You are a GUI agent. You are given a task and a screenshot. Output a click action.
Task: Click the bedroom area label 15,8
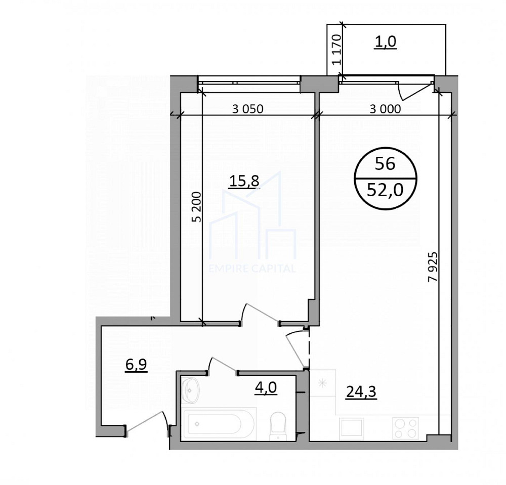[244, 181]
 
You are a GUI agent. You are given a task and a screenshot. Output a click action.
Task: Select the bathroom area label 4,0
[265, 388]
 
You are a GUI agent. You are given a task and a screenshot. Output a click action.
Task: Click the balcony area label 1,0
[385, 42]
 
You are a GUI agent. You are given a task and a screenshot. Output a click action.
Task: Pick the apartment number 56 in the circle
[385, 163]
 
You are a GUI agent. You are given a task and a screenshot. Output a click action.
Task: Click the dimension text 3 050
[248, 109]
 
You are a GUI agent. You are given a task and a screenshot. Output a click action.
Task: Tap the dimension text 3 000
[385, 109]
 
